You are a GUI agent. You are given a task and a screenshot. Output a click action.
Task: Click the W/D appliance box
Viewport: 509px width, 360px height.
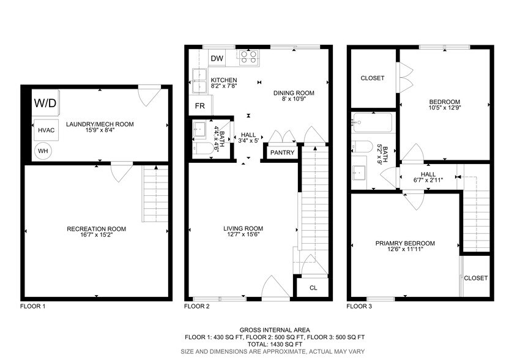(x=45, y=103)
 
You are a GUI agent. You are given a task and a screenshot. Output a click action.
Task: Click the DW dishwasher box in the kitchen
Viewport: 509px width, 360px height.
(x=217, y=58)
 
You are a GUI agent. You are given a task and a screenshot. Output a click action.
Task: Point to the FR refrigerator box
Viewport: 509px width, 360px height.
(x=199, y=105)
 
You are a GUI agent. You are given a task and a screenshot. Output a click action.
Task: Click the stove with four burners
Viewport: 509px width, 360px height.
(x=248, y=57)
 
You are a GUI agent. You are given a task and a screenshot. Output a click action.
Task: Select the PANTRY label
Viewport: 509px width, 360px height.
(x=282, y=152)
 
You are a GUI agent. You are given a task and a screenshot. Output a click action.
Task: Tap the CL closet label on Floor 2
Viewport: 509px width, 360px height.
(x=313, y=287)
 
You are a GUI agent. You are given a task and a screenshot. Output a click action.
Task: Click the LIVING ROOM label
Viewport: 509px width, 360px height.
(x=243, y=229)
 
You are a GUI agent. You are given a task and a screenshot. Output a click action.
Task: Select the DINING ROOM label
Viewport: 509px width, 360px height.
(x=293, y=93)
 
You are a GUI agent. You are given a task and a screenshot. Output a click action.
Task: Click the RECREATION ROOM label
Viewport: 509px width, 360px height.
(x=96, y=229)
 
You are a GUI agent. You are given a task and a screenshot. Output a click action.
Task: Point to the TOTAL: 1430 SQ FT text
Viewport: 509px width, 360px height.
(x=275, y=345)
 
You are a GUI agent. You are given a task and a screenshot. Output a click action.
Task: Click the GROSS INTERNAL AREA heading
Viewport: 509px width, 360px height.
(x=275, y=329)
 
